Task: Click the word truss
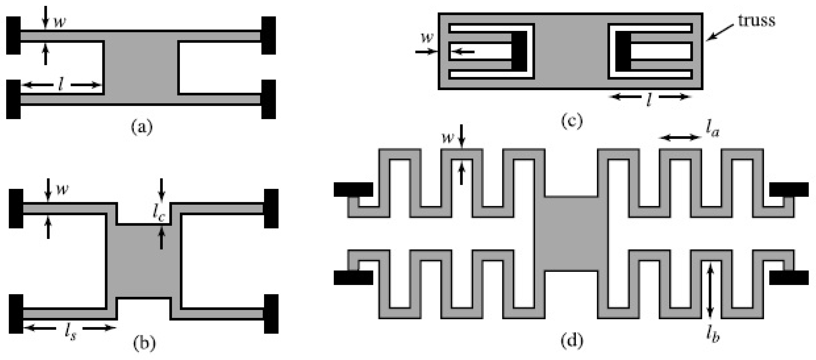click(757, 21)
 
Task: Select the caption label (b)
click(145, 343)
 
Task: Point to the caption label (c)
click(572, 121)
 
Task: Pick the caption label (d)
click(572, 341)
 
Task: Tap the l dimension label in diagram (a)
click(61, 85)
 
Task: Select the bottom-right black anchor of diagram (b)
click(271, 314)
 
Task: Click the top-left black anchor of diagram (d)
click(353, 190)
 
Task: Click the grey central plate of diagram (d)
click(571, 234)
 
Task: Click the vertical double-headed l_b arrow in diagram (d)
click(710, 291)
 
